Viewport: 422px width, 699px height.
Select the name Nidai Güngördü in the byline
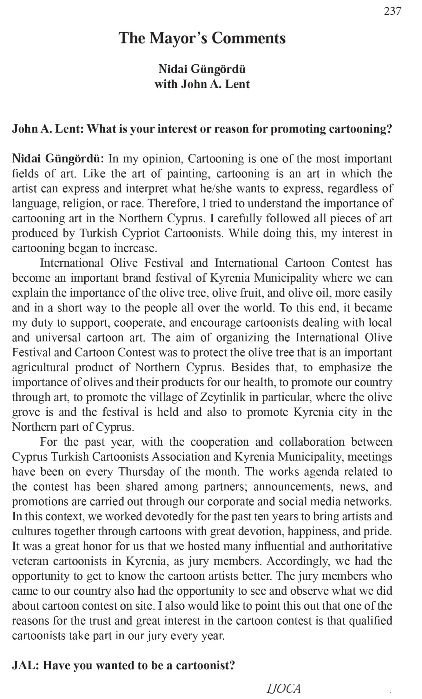point(202,69)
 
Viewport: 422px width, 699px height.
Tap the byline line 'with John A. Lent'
point(202,84)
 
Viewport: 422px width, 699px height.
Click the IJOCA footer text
point(283,688)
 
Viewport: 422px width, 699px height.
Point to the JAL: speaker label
point(25,665)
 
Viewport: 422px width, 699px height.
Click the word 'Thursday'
point(142,472)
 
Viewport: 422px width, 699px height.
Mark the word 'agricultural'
point(40,367)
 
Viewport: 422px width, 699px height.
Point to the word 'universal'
point(58,338)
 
